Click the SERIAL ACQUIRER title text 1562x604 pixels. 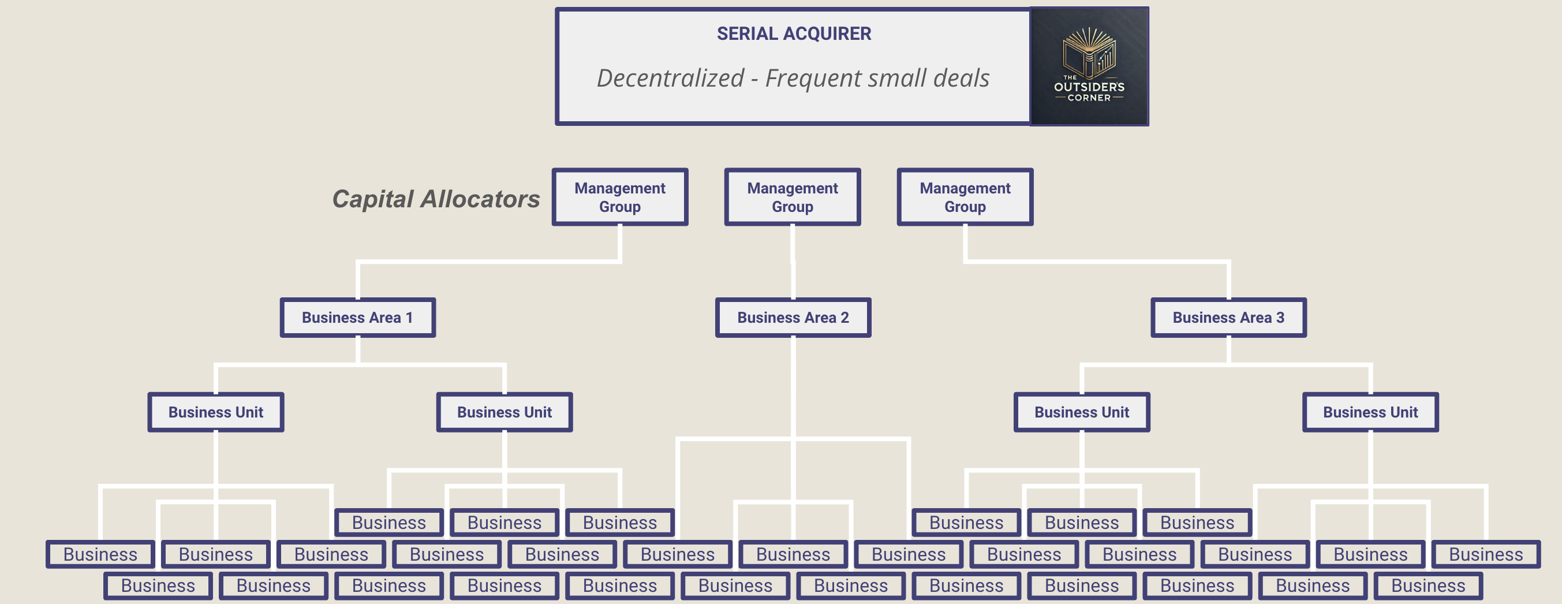point(793,33)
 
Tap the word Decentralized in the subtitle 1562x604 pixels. point(670,78)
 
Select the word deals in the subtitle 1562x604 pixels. point(961,78)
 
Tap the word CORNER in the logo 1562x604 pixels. point(1089,98)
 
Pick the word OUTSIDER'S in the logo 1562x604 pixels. point(1089,87)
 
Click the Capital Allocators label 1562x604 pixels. point(435,199)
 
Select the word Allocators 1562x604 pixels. point(480,199)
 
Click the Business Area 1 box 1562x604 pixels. point(358,317)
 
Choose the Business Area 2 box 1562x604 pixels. point(793,317)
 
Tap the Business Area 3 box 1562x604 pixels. point(1228,317)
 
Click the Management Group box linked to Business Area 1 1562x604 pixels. point(620,197)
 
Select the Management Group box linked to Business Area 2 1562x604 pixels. point(792,197)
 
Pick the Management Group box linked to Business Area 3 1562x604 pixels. point(965,197)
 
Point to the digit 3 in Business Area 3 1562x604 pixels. point(1280,317)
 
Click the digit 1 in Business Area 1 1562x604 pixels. point(409,317)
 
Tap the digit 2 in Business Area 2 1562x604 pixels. point(844,317)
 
